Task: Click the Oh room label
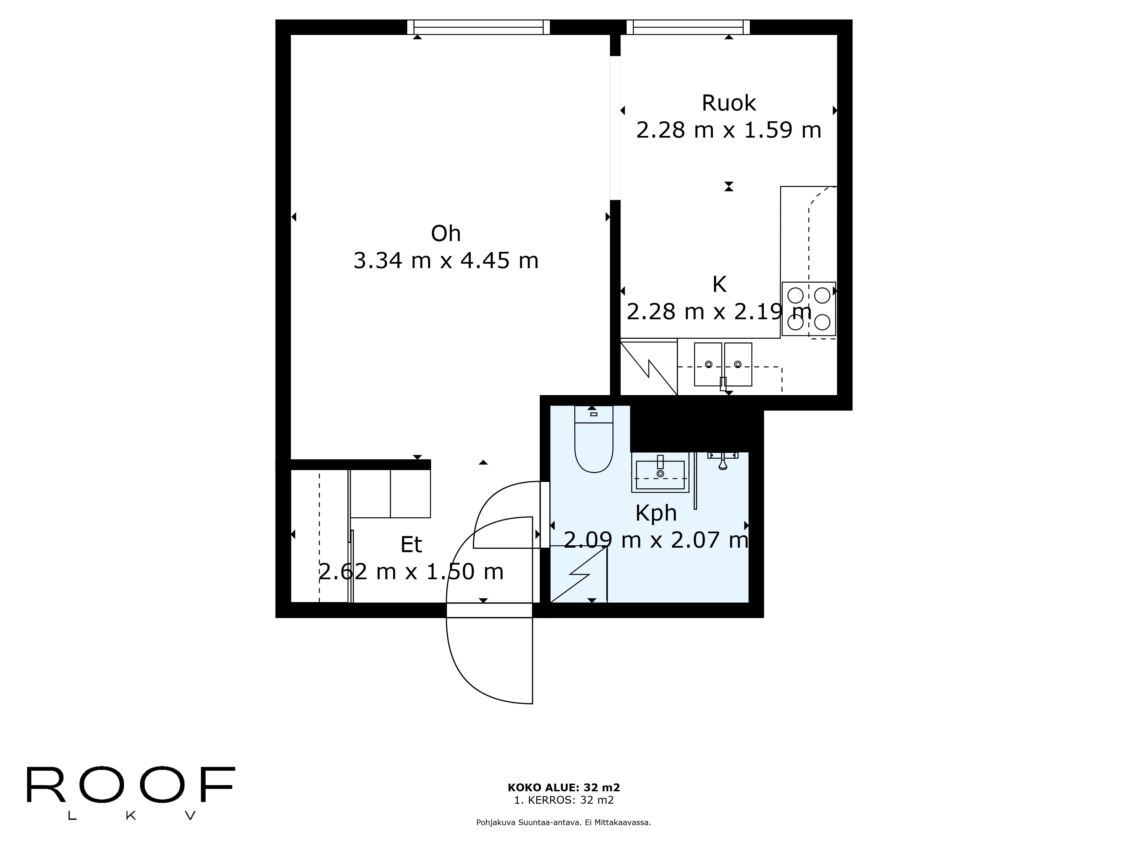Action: click(x=446, y=233)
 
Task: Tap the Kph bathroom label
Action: click(x=656, y=513)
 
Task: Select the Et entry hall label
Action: click(x=411, y=545)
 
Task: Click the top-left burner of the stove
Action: click(x=796, y=295)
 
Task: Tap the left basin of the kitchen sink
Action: click(x=708, y=364)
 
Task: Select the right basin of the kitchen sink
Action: click(x=738, y=364)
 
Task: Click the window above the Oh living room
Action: click(x=478, y=27)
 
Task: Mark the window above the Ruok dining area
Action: click(x=688, y=27)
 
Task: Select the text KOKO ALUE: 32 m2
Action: click(x=563, y=788)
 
